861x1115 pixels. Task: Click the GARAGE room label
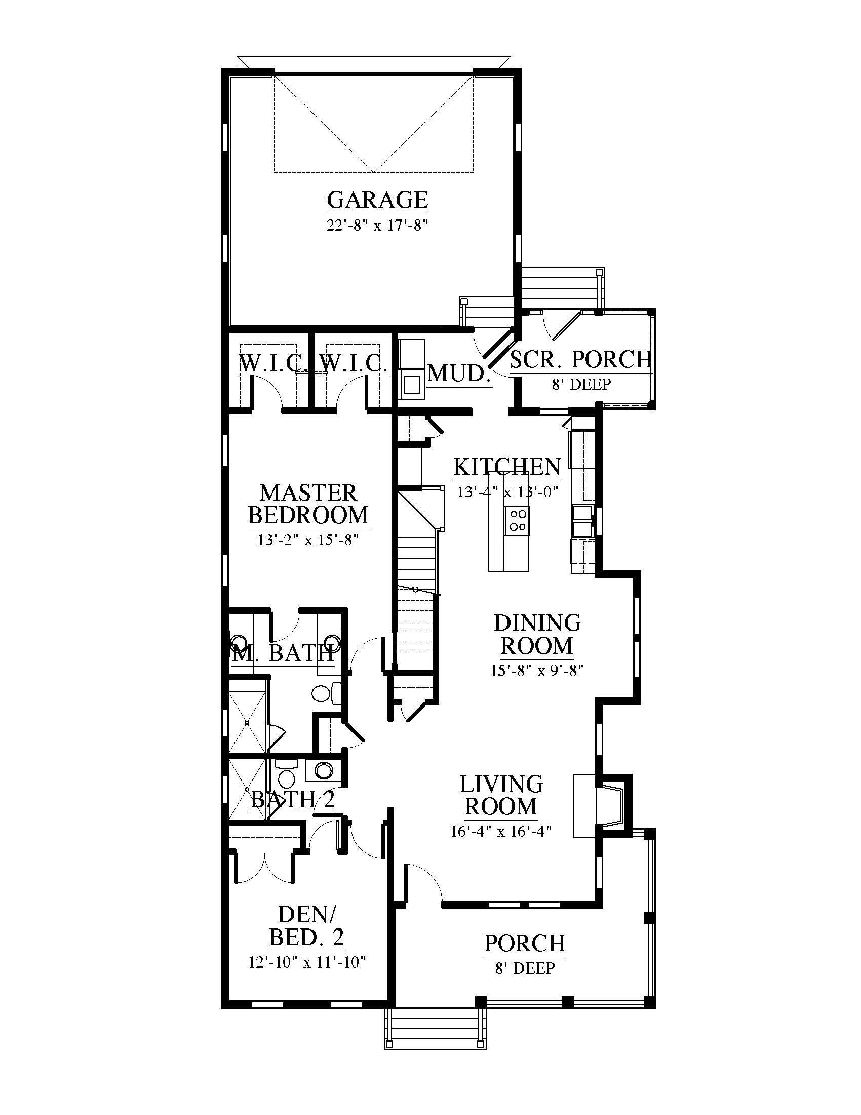(377, 200)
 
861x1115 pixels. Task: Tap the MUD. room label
(458, 374)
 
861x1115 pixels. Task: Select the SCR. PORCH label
(581, 360)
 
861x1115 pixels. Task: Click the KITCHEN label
(507, 467)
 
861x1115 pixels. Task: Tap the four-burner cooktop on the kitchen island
(517, 520)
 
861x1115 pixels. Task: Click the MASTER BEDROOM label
(308, 504)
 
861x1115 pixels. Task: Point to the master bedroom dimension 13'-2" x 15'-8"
(308, 540)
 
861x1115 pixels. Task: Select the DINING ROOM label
(537, 635)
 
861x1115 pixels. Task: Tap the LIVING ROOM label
(501, 795)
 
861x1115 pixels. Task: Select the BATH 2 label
(293, 800)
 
